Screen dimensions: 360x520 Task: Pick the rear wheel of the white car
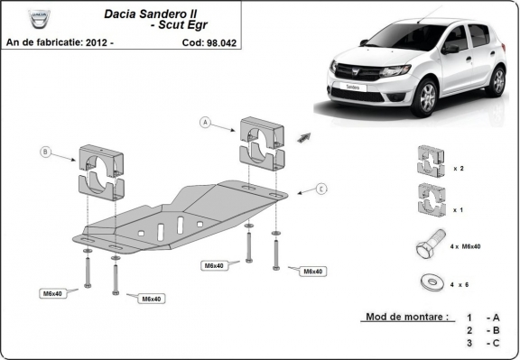pyautogui.click(x=497, y=80)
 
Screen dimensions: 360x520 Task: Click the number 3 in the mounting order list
pyautogui.click(x=469, y=344)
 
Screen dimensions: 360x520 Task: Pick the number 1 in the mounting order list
pyautogui.click(x=469, y=318)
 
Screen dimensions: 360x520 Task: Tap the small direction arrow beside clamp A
pyautogui.click(x=303, y=135)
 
